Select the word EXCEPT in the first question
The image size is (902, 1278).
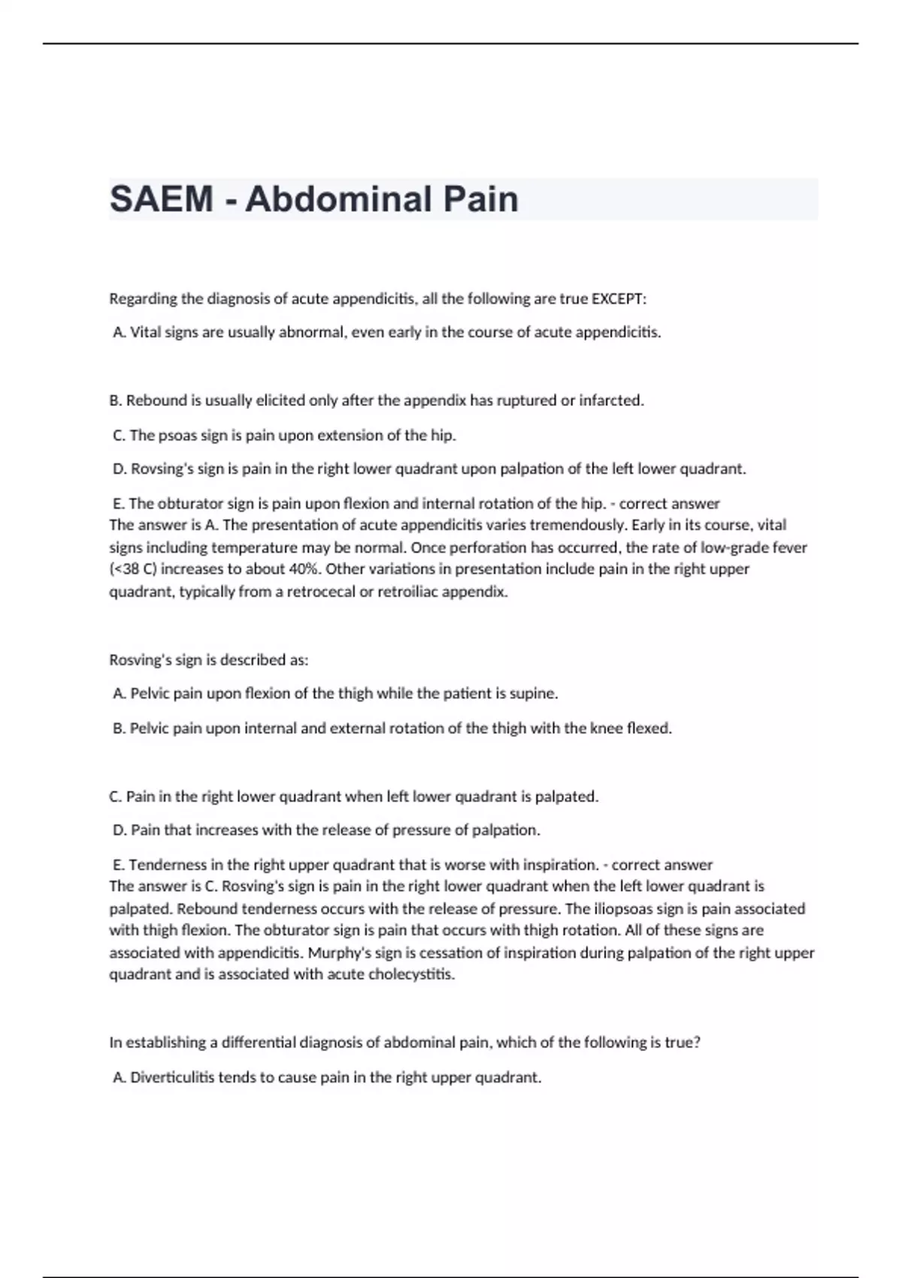click(619, 298)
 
